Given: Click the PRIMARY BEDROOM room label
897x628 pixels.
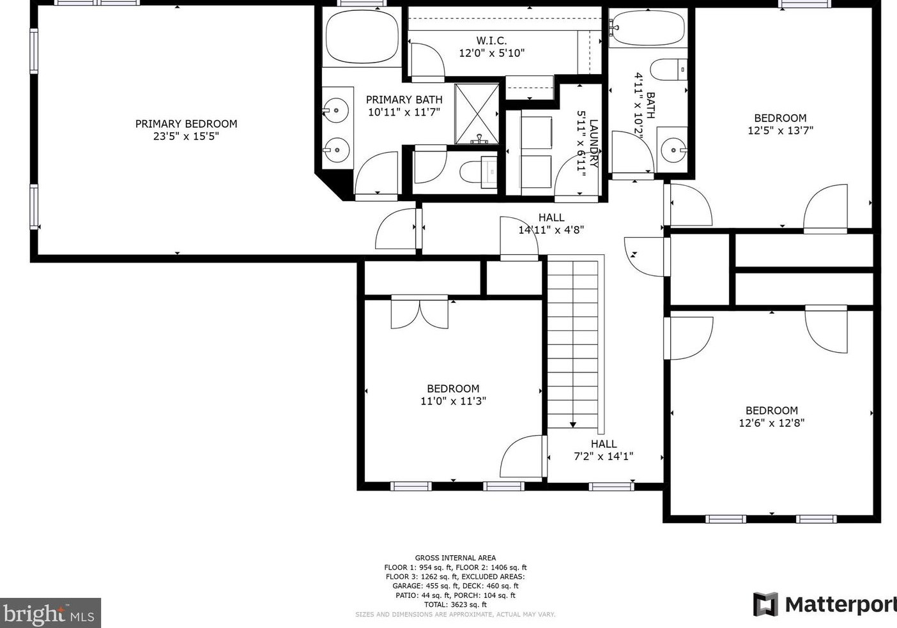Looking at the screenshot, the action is (x=186, y=124).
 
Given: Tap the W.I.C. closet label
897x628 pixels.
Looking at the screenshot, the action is (x=491, y=40).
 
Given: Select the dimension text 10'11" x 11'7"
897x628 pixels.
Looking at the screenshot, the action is (x=404, y=112).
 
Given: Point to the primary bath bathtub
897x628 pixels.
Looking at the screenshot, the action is (x=362, y=37).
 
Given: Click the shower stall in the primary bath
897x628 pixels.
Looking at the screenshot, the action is (x=477, y=114).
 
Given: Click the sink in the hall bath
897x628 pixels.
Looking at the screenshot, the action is (x=674, y=150).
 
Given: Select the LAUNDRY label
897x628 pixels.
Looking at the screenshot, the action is (x=594, y=143).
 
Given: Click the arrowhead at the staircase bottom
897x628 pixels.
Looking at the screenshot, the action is (x=573, y=425).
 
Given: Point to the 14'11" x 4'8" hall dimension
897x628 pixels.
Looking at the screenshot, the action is (x=551, y=230).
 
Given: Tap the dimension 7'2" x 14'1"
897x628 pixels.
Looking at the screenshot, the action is (x=604, y=456).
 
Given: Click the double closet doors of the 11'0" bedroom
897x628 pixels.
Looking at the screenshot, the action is (x=420, y=313).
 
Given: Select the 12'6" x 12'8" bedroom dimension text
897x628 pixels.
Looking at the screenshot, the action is (x=772, y=423).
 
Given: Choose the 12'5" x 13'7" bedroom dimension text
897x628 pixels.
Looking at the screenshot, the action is (x=781, y=130).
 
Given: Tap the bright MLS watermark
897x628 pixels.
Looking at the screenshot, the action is (x=50, y=613).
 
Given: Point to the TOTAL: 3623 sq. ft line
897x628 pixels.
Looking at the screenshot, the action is (x=456, y=605).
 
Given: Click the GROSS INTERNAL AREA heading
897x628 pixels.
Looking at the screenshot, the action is (x=456, y=558).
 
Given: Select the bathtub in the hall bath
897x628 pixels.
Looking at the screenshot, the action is (x=648, y=27).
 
